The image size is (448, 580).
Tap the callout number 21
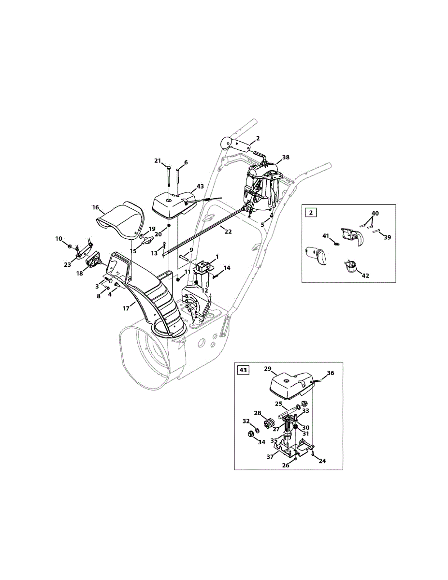click(x=158, y=161)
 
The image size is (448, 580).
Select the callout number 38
click(x=286, y=158)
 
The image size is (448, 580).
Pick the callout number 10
click(x=59, y=239)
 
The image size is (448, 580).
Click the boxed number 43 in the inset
click(x=243, y=370)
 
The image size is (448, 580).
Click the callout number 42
click(x=365, y=276)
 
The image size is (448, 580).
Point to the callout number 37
click(x=270, y=456)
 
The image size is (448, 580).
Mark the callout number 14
click(x=227, y=268)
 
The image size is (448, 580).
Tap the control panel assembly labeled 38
click(x=263, y=186)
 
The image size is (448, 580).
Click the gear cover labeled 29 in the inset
click(x=286, y=386)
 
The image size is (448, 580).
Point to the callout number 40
click(x=375, y=213)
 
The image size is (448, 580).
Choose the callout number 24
click(x=322, y=461)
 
